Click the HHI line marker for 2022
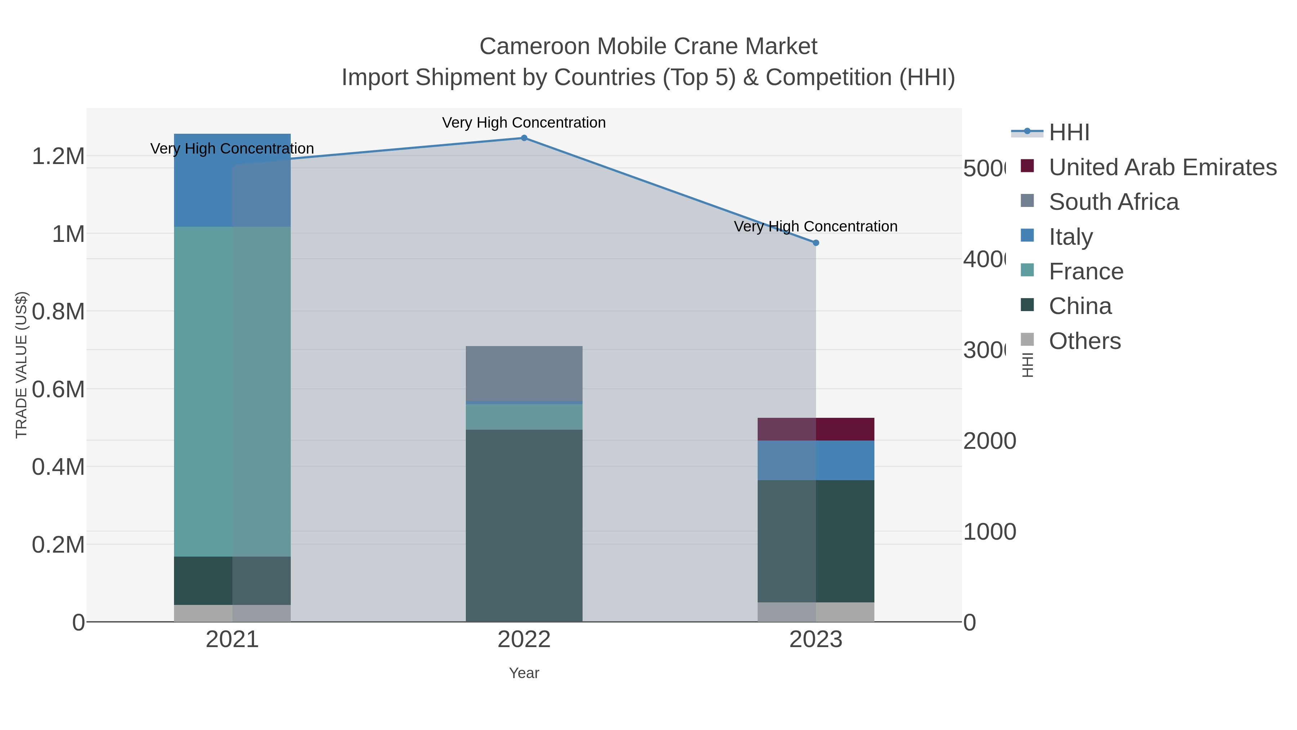click(523, 138)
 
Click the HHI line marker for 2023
click(816, 243)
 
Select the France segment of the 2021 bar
click(232, 391)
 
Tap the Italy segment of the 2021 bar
click(232, 180)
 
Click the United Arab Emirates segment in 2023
click(816, 429)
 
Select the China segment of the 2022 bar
click(523, 526)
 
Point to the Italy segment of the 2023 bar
click(816, 460)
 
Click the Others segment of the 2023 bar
click(816, 612)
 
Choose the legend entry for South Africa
click(1113, 202)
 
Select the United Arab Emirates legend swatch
click(1027, 166)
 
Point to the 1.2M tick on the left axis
click(58, 156)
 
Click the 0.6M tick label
click(58, 389)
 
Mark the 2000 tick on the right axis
click(989, 441)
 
